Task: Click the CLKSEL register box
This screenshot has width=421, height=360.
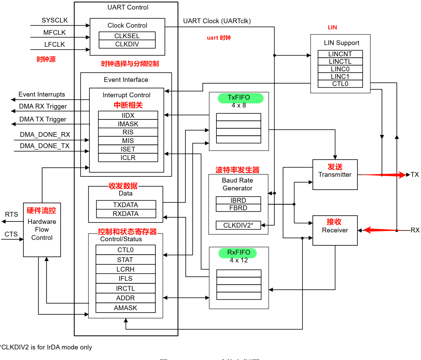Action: tap(127, 36)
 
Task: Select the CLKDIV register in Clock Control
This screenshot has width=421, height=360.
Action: tap(127, 44)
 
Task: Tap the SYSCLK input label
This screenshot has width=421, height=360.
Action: tap(55, 20)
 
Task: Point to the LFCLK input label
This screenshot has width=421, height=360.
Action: tap(55, 45)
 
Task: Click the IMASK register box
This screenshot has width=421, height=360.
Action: tap(128, 124)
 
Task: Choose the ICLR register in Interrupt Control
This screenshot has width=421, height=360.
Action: tap(128, 158)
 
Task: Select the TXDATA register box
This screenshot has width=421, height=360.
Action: tap(126, 205)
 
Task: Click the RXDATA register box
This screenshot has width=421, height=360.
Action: tap(126, 214)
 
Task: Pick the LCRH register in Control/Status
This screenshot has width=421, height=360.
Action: tap(125, 269)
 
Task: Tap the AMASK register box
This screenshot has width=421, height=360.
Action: tap(125, 308)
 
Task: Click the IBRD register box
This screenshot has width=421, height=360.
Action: tap(238, 200)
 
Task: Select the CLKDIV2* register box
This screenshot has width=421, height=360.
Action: tap(238, 225)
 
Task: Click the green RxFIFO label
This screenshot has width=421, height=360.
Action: tap(239, 253)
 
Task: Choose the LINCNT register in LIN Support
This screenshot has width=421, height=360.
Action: tap(340, 54)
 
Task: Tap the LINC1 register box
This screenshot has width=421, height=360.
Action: tap(340, 76)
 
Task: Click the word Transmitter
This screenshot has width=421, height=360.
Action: tap(335, 175)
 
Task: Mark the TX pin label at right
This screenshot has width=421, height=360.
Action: tap(415, 175)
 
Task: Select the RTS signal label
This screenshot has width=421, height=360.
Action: tap(11, 214)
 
